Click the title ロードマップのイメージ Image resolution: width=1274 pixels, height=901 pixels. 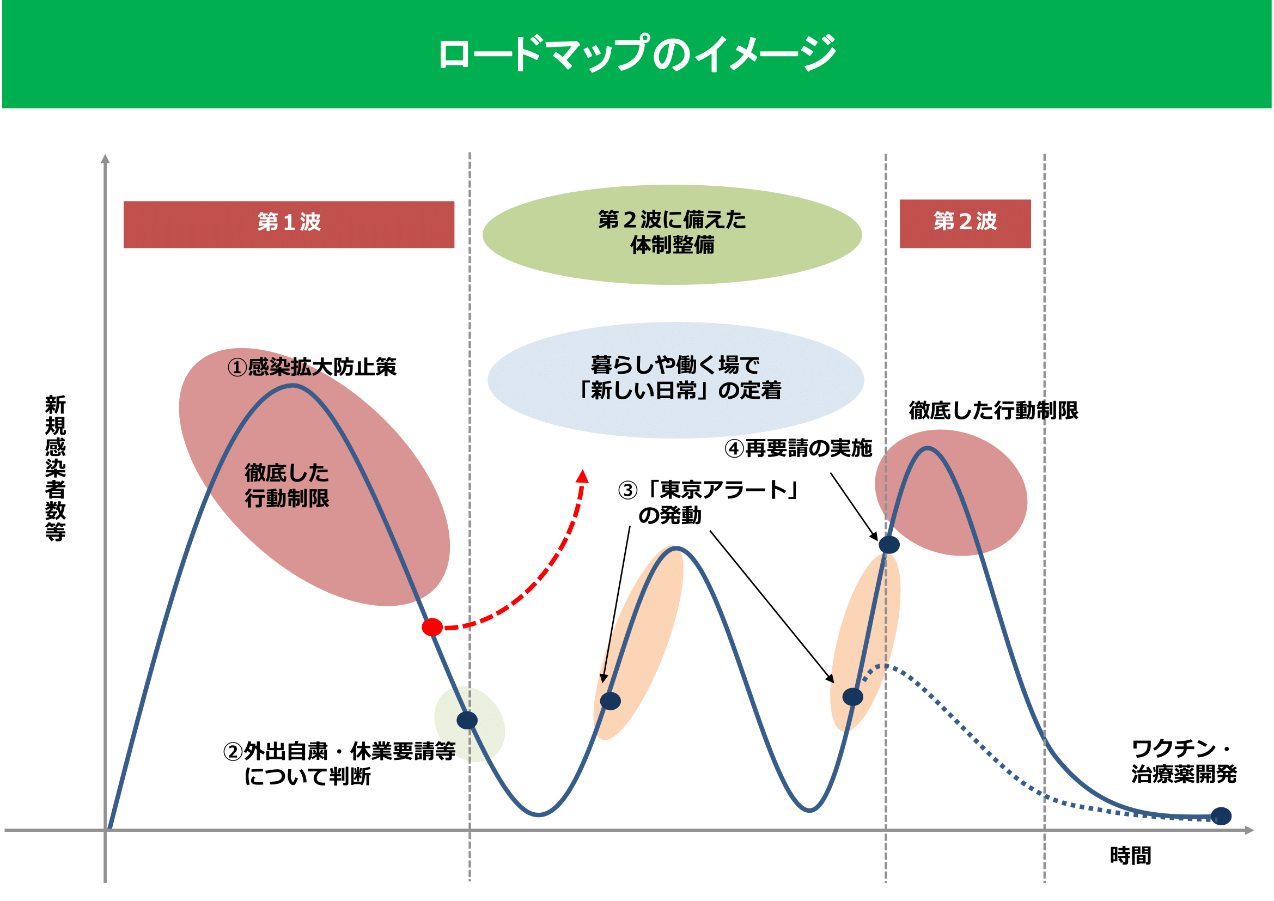pyautogui.click(x=637, y=53)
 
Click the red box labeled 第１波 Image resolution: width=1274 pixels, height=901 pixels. pyautogui.click(x=289, y=224)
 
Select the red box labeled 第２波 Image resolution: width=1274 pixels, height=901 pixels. pyautogui.click(x=965, y=223)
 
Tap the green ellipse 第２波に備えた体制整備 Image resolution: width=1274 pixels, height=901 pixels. pyautogui.click(x=672, y=235)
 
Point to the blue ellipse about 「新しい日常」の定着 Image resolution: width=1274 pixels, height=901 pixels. pyautogui.click(x=675, y=381)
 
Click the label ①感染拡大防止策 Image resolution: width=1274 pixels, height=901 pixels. pyautogui.click(x=312, y=367)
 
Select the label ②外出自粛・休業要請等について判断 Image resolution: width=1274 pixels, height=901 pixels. pyautogui.click(x=339, y=764)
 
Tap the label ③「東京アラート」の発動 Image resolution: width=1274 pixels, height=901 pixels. pyautogui.click(x=708, y=503)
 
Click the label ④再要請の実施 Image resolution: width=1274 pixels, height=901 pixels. pyautogui.click(x=798, y=448)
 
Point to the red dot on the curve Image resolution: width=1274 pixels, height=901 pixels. pyautogui.click(x=432, y=627)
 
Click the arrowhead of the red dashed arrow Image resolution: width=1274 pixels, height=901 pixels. pyautogui.click(x=582, y=476)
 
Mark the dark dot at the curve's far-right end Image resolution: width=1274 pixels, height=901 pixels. pyautogui.click(x=1221, y=816)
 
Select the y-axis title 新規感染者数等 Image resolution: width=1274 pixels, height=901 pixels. pyautogui.click(x=56, y=468)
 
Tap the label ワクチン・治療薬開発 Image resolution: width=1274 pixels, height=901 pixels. pyautogui.click(x=1184, y=761)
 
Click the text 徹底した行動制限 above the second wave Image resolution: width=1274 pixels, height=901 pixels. pyautogui.click(x=993, y=411)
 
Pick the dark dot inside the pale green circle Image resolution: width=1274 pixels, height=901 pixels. pyautogui.click(x=467, y=720)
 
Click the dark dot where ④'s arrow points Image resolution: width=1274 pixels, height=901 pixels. pyautogui.click(x=889, y=544)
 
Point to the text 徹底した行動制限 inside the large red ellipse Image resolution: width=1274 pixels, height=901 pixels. pyautogui.click(x=287, y=485)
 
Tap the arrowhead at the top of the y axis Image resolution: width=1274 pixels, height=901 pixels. pyautogui.click(x=105, y=158)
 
